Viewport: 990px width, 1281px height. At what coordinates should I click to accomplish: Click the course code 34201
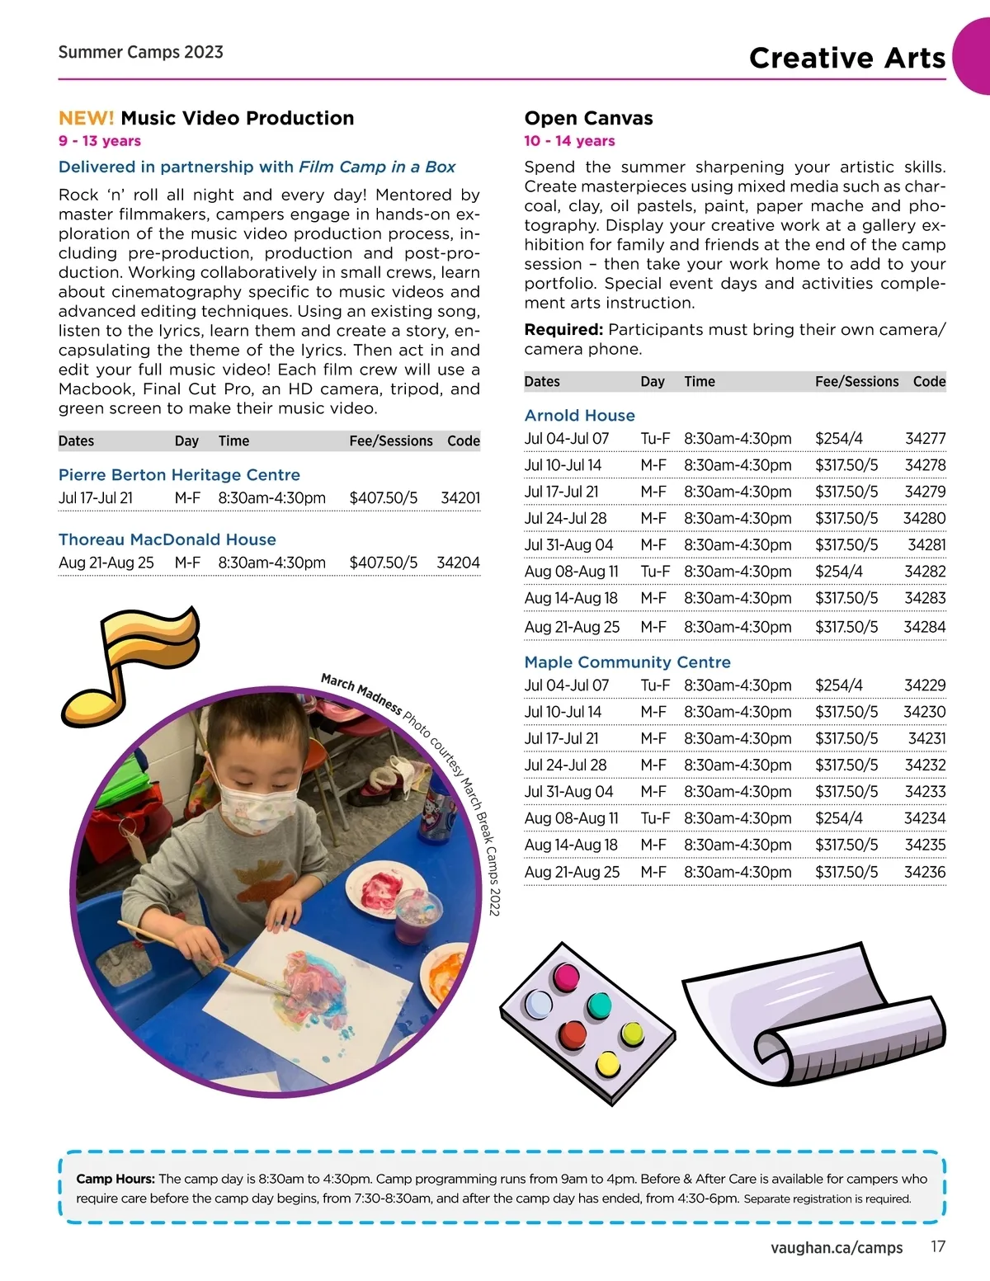[x=460, y=498]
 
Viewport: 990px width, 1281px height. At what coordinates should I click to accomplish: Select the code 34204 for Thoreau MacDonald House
[x=458, y=563]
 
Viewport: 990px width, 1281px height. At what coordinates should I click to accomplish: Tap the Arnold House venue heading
[x=580, y=416]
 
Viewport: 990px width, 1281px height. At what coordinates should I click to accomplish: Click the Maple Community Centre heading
[x=628, y=662]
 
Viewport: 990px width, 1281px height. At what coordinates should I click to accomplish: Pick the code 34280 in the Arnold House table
[x=924, y=519]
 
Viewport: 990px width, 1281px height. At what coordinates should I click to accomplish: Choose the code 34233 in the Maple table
[x=925, y=792]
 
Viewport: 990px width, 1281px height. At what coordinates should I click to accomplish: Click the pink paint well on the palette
[x=568, y=977]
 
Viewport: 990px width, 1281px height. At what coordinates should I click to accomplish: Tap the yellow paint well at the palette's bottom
[x=608, y=1064]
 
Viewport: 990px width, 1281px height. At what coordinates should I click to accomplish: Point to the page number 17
[x=938, y=1246]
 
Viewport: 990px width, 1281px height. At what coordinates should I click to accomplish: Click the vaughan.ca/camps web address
[x=837, y=1247]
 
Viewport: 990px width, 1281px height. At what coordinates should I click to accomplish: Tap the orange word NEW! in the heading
[x=86, y=118]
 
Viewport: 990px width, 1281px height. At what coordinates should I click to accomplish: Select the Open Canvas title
[x=588, y=118]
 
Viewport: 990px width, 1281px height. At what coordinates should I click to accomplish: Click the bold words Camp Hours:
[x=115, y=1179]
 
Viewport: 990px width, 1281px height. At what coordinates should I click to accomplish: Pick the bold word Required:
[x=563, y=330]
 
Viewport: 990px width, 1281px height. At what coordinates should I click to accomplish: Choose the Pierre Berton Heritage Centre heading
[x=179, y=475]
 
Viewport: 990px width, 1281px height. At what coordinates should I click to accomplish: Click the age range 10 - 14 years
[x=569, y=141]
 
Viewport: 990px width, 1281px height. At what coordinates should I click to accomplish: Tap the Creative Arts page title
[x=846, y=58]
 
